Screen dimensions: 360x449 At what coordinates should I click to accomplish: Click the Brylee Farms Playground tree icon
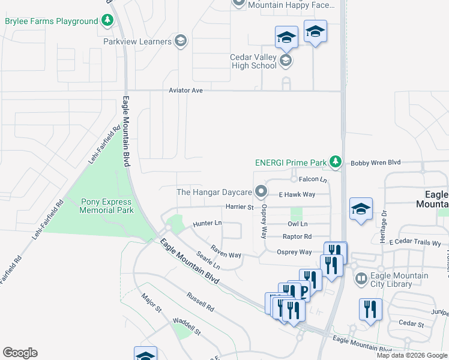[x=107, y=21]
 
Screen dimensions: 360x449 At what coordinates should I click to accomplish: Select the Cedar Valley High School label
[x=253, y=61]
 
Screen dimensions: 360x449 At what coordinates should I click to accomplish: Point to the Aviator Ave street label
[x=186, y=90]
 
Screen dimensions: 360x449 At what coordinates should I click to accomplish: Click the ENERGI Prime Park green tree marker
[x=336, y=162]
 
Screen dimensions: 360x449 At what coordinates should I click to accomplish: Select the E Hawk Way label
[x=297, y=194]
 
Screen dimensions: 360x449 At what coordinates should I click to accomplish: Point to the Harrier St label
[x=240, y=207]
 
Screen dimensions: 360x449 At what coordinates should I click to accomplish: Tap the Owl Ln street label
[x=297, y=224]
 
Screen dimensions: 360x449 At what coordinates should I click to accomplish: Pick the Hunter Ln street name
[x=207, y=224]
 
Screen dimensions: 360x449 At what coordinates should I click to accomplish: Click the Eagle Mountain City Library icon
[x=361, y=278]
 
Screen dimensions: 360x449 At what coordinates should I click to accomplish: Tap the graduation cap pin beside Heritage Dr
[x=361, y=209]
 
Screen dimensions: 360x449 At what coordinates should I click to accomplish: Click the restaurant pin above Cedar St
[x=370, y=309]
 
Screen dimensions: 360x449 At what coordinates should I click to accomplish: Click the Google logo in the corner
[x=20, y=353]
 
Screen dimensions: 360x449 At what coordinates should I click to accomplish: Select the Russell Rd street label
[x=200, y=302]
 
